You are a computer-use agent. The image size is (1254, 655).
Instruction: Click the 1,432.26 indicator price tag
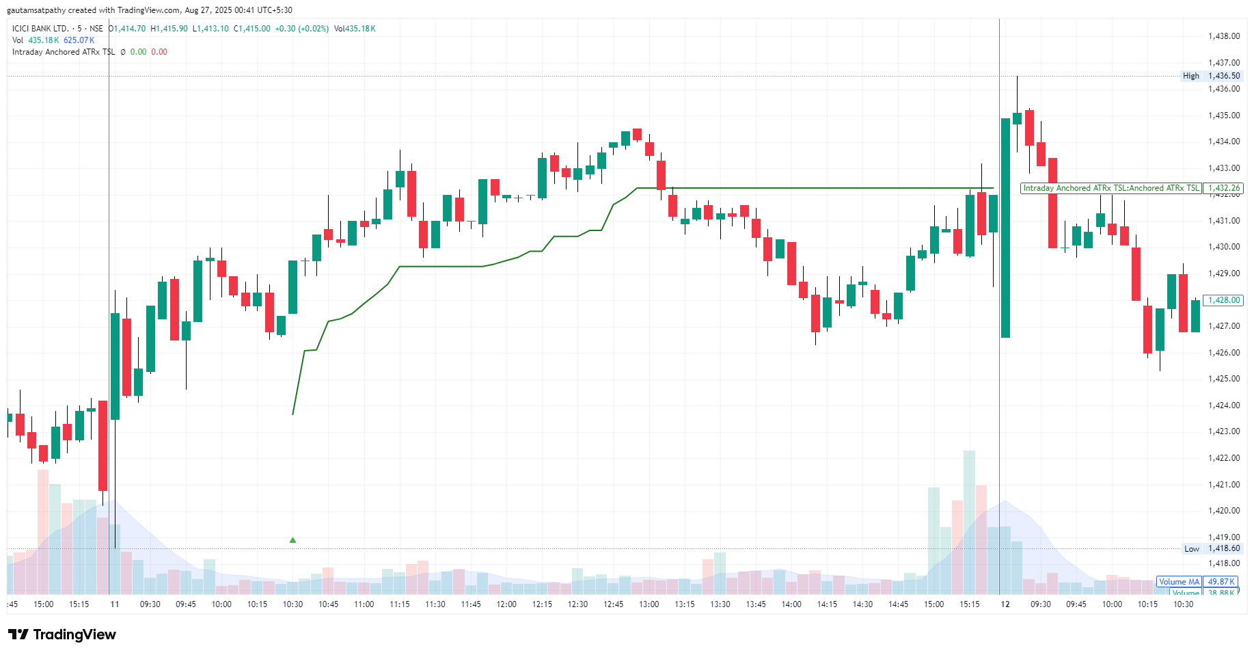pos(1223,188)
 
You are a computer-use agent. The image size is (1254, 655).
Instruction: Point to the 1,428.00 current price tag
pos(1223,300)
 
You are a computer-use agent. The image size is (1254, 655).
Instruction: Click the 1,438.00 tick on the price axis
pos(1223,36)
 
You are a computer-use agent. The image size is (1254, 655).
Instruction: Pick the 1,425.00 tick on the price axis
pos(1223,379)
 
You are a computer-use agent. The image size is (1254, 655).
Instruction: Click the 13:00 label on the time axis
pos(649,604)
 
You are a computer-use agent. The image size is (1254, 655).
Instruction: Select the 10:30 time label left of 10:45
pos(292,604)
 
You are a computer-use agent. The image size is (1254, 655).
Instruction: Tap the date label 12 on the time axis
pos(1005,604)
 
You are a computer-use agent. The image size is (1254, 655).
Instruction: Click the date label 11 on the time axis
pos(115,604)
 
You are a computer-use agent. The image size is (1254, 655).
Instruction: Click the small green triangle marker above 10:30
pos(292,540)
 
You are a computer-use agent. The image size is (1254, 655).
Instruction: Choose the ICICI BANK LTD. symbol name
pos(40,29)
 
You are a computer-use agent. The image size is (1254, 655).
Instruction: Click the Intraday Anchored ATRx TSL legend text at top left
pos(64,52)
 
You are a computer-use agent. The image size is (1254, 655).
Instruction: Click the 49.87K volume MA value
pos(1221,582)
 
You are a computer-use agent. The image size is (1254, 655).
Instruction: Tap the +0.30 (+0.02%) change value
pos(301,29)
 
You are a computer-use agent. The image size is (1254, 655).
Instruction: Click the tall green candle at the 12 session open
pos(1005,228)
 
